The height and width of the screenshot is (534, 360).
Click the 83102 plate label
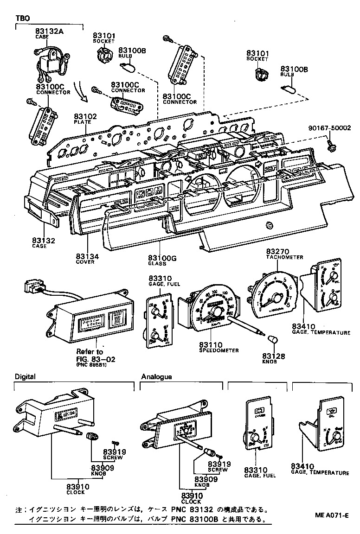86,117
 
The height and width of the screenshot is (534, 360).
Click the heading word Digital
25,376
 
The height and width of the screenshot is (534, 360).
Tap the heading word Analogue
156,377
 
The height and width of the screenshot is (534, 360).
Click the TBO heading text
22,18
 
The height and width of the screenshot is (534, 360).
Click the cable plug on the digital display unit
34,286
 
